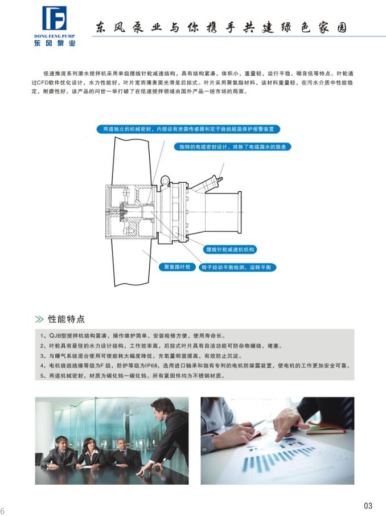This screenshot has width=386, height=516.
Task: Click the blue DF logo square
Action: tap(54, 18)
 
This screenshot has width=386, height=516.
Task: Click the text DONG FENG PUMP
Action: tap(55, 36)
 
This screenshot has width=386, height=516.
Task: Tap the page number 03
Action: tap(368, 506)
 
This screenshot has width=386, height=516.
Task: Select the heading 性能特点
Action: tap(67, 319)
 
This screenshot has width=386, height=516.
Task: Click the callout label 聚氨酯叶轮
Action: tap(177, 267)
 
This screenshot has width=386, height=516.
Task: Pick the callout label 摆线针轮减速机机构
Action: tap(230, 249)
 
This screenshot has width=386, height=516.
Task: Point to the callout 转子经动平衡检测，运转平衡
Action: tap(237, 267)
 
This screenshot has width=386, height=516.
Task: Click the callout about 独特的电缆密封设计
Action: tap(232, 147)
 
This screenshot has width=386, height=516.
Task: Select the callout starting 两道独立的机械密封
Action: tap(188, 129)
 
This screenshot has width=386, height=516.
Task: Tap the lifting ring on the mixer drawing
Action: tap(165, 180)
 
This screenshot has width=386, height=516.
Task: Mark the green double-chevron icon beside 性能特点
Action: tap(39, 319)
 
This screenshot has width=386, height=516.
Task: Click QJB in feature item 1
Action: tap(55, 335)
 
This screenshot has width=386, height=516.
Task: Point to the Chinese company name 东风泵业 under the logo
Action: tap(55, 43)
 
